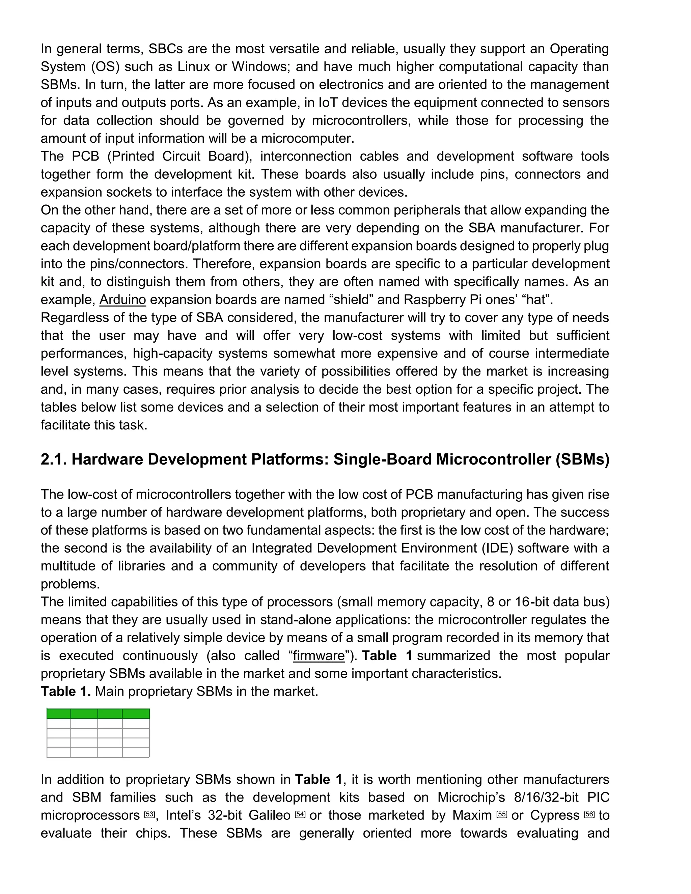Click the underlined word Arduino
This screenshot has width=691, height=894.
coord(122,300)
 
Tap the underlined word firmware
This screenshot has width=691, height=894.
coord(319,655)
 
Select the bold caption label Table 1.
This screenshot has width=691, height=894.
coord(65,691)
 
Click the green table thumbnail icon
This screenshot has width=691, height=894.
coord(98,733)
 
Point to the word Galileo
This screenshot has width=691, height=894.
coord(269,815)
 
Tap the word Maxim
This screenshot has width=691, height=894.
coord(472,815)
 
